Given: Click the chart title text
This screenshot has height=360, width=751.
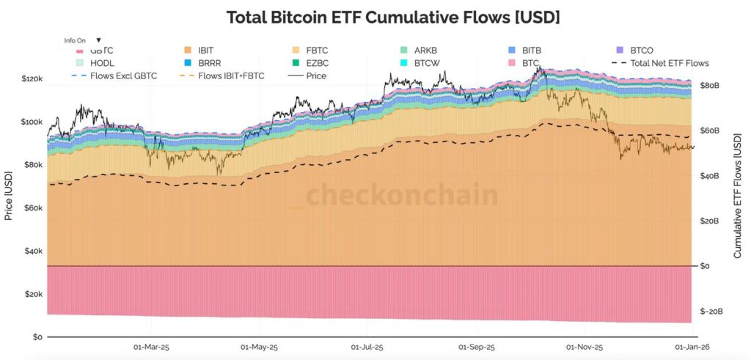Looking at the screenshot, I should click(393, 17).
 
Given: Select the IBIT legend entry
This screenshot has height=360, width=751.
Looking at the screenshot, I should click(205, 51).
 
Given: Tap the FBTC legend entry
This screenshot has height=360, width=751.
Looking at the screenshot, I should click(315, 51).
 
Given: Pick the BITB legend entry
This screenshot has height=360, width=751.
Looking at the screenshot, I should click(532, 51).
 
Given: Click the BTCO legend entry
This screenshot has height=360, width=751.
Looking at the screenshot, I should click(641, 51).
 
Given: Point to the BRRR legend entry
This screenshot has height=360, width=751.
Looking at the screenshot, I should click(209, 63).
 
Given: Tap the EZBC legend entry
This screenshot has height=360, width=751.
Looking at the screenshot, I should click(318, 63).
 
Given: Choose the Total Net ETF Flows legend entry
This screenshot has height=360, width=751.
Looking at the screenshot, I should click(669, 63).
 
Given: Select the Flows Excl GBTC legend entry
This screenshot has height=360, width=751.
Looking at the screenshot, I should click(118, 76).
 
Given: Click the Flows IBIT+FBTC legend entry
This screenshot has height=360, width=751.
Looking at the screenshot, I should click(232, 76).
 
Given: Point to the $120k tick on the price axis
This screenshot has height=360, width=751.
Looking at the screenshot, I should click(32, 78).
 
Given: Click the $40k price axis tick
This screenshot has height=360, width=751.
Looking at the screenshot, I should click(34, 251).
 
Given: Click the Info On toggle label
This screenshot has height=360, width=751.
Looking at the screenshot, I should click(76, 40).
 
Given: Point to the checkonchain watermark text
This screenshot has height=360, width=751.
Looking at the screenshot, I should click(401, 196).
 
